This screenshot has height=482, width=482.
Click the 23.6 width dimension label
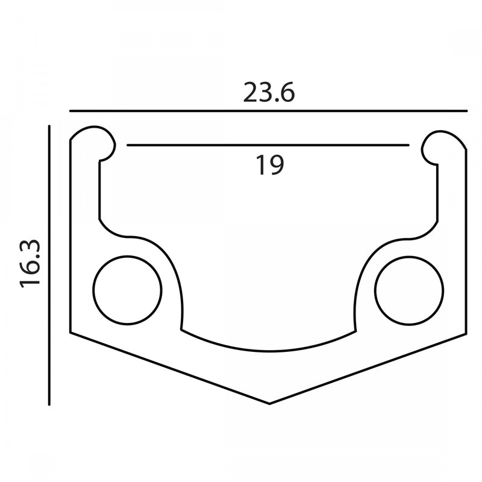pyautogui.click(x=269, y=92)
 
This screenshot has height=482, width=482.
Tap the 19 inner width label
pyautogui.click(x=270, y=165)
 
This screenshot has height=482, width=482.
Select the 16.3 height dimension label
pyautogui.click(x=30, y=264)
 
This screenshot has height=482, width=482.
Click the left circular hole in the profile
pyautogui.click(x=127, y=290)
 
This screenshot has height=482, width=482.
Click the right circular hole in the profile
pyautogui.click(x=409, y=290)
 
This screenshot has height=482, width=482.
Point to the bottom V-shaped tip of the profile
pyautogui.click(x=269, y=404)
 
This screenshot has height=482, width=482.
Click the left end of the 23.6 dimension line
pyautogui.click(x=70, y=111)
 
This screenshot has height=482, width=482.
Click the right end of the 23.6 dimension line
pyautogui.click(x=467, y=111)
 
